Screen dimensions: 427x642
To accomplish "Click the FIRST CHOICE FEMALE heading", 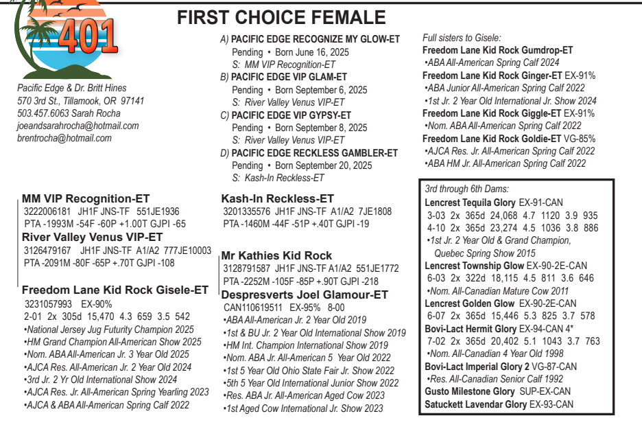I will click(x=281, y=19).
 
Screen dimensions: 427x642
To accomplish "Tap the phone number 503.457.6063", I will click(x=46, y=113).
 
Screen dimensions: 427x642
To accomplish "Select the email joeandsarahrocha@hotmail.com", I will click(x=78, y=126).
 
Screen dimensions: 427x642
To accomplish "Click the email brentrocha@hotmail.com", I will click(x=64, y=138).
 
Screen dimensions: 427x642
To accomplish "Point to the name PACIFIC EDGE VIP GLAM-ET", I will click(x=289, y=77).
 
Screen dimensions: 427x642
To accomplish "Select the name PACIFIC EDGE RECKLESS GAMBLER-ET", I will click(x=314, y=153).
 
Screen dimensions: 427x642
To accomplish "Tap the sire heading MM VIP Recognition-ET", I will click(x=86, y=199).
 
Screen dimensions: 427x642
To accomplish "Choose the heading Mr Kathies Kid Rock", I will click(x=276, y=255).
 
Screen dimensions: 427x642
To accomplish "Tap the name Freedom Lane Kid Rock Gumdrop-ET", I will click(x=497, y=50).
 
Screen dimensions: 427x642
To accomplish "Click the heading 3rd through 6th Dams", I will click(x=466, y=188).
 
